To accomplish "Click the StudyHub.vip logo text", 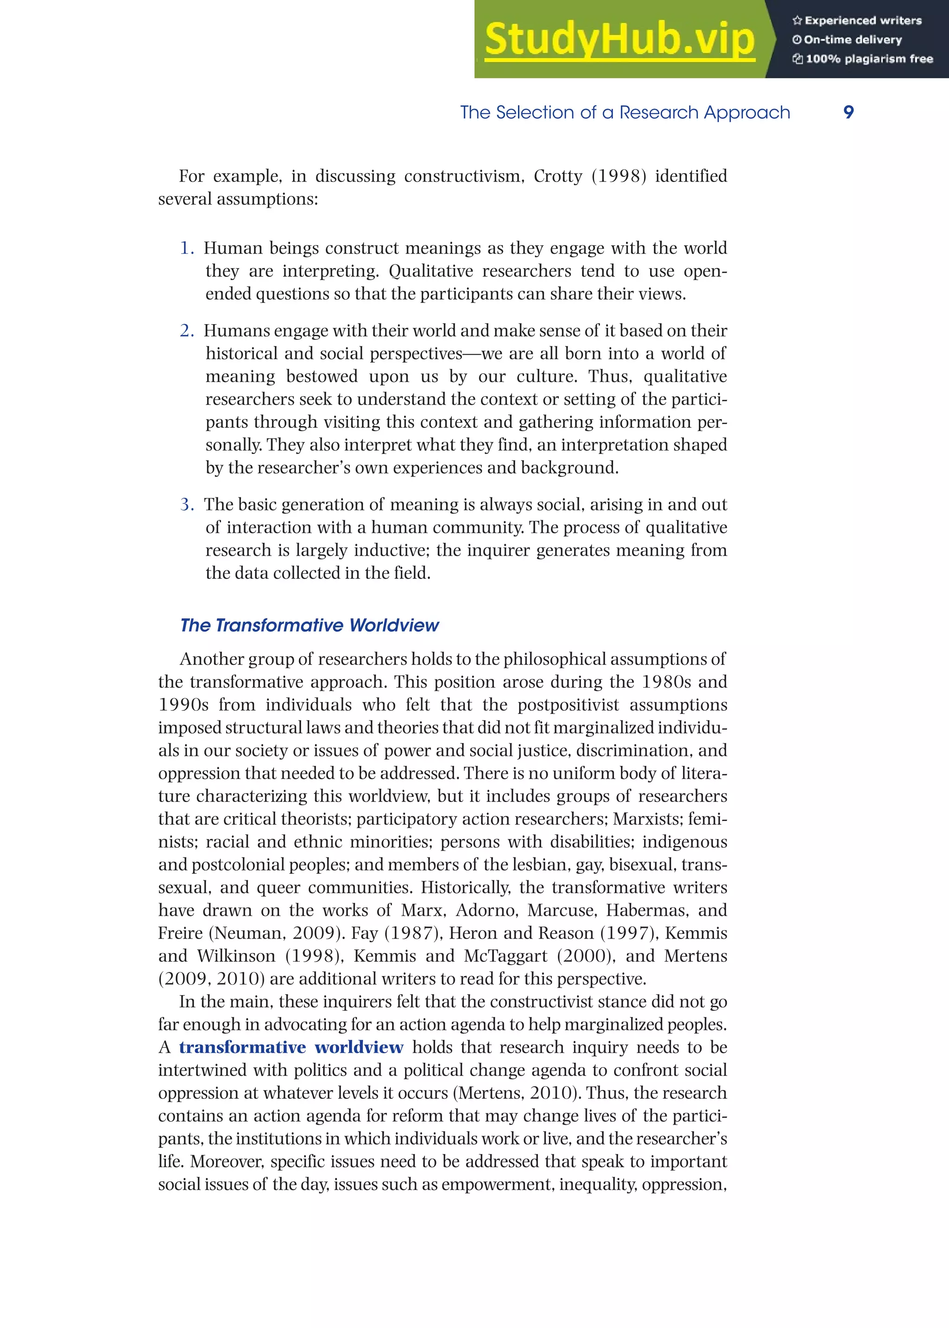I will point(620,40).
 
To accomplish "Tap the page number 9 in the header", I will point(848,112).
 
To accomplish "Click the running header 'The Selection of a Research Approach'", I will point(625,112).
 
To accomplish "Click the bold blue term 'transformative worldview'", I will point(291,1047).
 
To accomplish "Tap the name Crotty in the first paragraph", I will point(557,176).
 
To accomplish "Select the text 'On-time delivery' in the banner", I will point(853,40).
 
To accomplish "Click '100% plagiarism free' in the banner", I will point(869,59).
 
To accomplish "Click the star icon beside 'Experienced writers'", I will point(797,20).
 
